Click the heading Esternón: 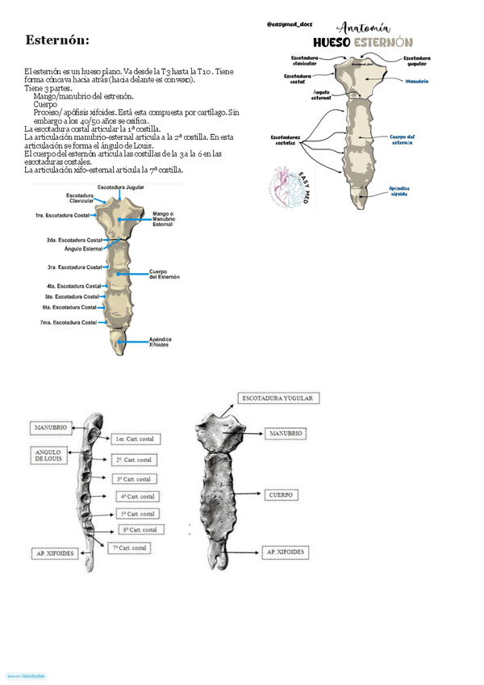click(57, 40)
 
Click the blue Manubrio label click(417, 82)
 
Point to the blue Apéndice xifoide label click(399, 191)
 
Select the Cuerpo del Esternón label click(165, 275)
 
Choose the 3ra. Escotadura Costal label click(74, 267)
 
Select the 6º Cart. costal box click(141, 530)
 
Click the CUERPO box click(282, 494)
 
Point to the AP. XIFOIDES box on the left click(53, 553)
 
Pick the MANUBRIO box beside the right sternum click(286, 433)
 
